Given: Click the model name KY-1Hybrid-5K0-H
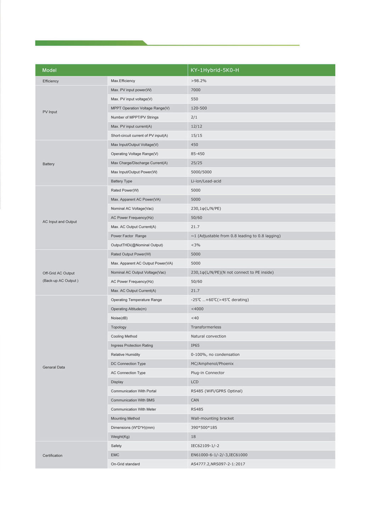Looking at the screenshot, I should click(215, 70).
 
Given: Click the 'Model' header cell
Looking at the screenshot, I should click(49, 70).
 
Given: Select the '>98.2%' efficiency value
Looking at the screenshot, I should click(199, 81).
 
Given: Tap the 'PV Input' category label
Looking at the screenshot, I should click(50, 112).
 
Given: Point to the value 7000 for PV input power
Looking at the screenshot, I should click(195, 90).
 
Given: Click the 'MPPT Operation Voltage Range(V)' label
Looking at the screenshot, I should click(140, 108).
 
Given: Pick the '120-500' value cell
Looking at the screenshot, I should click(199, 108).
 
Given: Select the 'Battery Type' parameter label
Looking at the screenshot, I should click(121, 181).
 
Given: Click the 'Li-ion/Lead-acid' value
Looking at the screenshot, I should click(206, 181).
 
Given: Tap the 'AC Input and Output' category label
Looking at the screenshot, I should click(60, 222).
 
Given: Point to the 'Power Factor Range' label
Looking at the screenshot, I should click(128, 236).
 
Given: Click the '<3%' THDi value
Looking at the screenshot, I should click(195, 245).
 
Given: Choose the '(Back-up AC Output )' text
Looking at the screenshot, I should click(60, 281).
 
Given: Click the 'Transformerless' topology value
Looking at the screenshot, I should click(206, 327).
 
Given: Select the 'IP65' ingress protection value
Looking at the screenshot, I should click(195, 345).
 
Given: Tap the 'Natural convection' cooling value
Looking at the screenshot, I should click(208, 337).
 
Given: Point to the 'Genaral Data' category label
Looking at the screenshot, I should click(54, 367).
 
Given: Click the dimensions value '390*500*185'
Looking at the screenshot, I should click(204, 428).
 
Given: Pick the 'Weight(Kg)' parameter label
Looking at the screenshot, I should click(120, 437).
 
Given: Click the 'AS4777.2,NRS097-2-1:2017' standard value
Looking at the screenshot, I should click(218, 464).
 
